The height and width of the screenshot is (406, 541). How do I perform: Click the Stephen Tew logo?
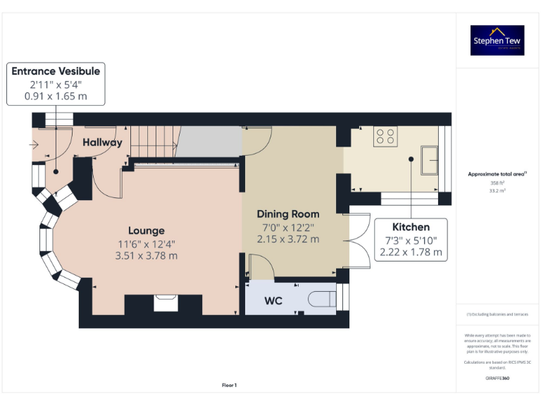click(x=498, y=40)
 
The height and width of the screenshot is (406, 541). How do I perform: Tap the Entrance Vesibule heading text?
click(x=56, y=71)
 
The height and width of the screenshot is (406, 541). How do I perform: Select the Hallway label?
click(x=102, y=142)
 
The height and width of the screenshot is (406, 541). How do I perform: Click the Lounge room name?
click(x=147, y=230)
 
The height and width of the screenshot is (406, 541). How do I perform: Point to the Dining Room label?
click(x=287, y=214)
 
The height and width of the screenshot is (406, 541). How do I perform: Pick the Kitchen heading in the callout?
click(x=411, y=227)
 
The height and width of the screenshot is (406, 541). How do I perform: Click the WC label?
click(x=273, y=301)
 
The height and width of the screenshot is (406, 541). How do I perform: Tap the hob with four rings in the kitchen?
click(x=385, y=135)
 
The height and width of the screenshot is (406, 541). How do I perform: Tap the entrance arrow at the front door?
click(x=35, y=144)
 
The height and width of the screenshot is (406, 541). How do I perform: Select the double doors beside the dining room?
click(x=360, y=240)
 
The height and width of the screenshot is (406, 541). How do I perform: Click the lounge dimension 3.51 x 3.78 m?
click(x=147, y=256)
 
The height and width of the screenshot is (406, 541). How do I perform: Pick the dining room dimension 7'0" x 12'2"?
click(x=287, y=227)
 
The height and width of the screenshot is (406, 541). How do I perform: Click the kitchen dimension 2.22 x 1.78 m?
click(x=411, y=252)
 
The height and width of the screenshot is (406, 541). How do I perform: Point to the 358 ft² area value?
click(x=497, y=183)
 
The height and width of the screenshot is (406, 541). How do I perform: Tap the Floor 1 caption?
click(x=230, y=385)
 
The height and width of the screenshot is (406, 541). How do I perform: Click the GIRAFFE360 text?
click(x=497, y=379)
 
